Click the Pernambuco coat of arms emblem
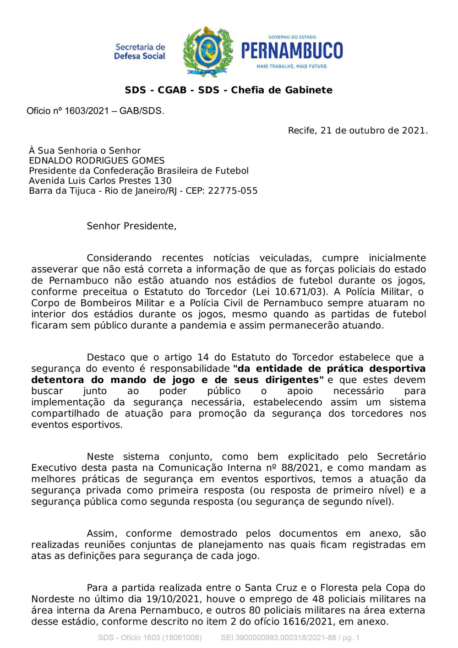pyautogui.click(x=208, y=51)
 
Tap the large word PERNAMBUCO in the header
pyautogui.click(x=292, y=50)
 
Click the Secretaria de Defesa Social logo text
pyautogui.click(x=140, y=51)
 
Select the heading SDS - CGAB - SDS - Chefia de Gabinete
pyautogui.click(x=229, y=90)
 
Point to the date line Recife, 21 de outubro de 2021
pyautogui.click(x=358, y=131)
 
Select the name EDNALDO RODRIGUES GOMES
pyautogui.click(x=97, y=161)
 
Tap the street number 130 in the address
pyautogui.click(x=163, y=181)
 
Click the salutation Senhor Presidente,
pyautogui.click(x=131, y=226)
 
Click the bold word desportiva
pyautogui.click(x=397, y=369)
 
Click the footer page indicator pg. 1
pyautogui.click(x=351, y=637)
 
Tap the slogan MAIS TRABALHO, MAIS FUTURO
pyautogui.click(x=292, y=66)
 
